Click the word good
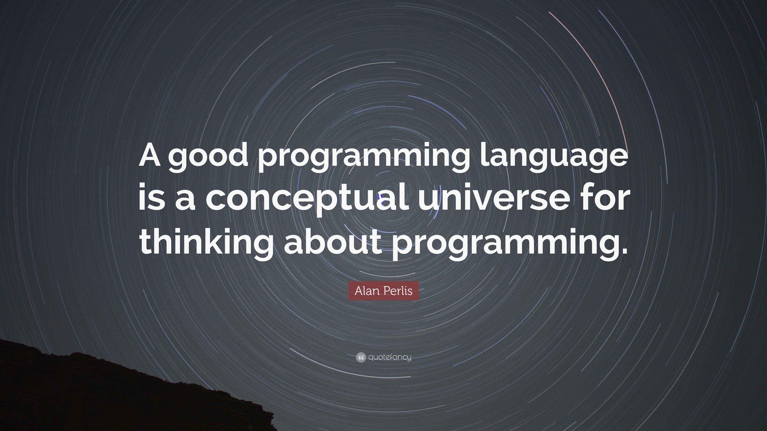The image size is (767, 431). [208, 159]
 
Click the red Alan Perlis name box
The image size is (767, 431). [383, 291]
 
